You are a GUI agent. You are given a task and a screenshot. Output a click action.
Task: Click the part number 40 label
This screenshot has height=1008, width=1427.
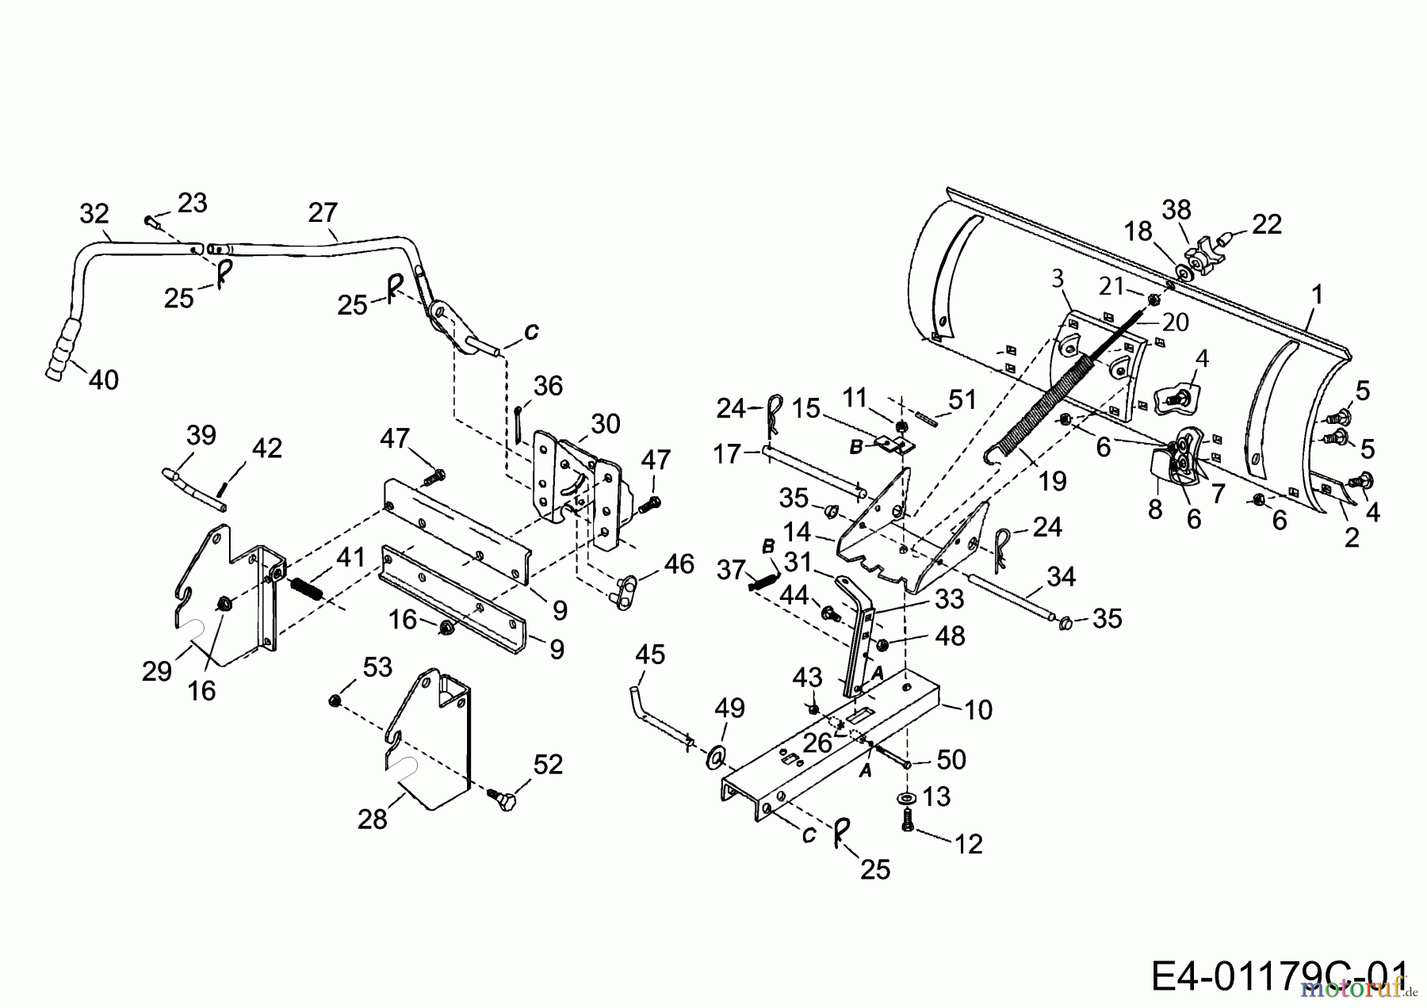pos(103,380)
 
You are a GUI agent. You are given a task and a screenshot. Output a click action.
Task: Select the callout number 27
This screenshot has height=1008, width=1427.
pos(323,213)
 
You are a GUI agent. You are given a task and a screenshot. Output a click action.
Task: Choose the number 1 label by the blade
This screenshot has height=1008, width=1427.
pos(1317,295)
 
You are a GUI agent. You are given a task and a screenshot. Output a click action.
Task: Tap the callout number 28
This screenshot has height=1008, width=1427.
pos(372,819)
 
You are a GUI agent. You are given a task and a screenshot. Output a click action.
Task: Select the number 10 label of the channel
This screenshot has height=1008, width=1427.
pos(978,709)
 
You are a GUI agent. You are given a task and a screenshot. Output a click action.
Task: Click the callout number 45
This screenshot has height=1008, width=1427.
pos(650,655)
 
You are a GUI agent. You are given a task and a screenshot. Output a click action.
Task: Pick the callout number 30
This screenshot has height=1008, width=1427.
pos(605,424)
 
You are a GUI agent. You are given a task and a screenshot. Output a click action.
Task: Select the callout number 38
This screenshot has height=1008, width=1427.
pos(1176,210)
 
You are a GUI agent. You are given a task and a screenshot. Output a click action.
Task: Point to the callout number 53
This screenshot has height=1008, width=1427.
pos(377,667)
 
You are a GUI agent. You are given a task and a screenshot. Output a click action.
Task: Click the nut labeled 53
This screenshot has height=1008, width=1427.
pos(334,701)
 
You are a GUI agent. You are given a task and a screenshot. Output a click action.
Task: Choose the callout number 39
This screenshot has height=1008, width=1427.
pos(201,436)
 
